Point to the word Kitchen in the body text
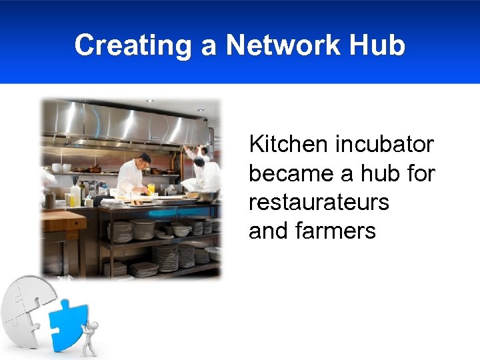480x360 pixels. [288, 143]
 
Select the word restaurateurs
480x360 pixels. [319, 202]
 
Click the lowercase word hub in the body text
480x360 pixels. [380, 173]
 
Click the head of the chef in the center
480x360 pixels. [144, 159]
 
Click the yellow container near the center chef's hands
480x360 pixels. [151, 189]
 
